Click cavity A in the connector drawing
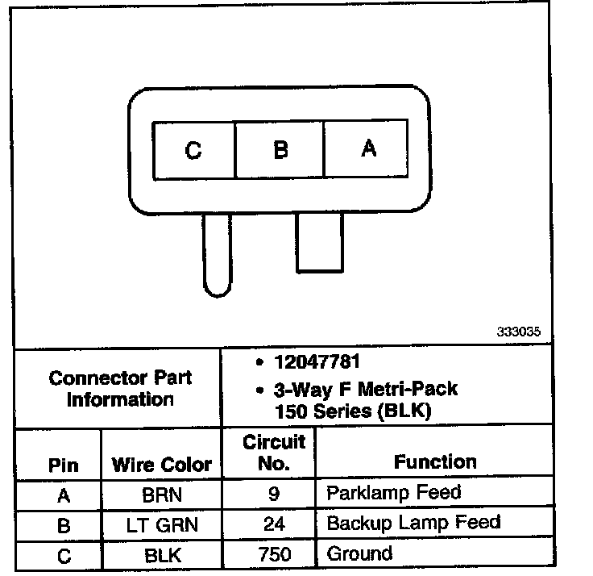point(368,149)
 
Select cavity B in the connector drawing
point(280,150)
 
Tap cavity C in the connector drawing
point(193,150)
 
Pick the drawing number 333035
point(518,332)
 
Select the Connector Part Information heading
point(120,388)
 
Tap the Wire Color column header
point(161,465)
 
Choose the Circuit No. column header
point(274,453)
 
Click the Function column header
point(435,462)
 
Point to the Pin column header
point(64,465)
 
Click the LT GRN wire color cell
point(161,525)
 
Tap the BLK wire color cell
point(161,555)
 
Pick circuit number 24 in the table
point(274,524)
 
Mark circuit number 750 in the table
point(274,555)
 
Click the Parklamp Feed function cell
point(393,492)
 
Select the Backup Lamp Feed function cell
point(413,523)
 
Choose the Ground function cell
point(359,553)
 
